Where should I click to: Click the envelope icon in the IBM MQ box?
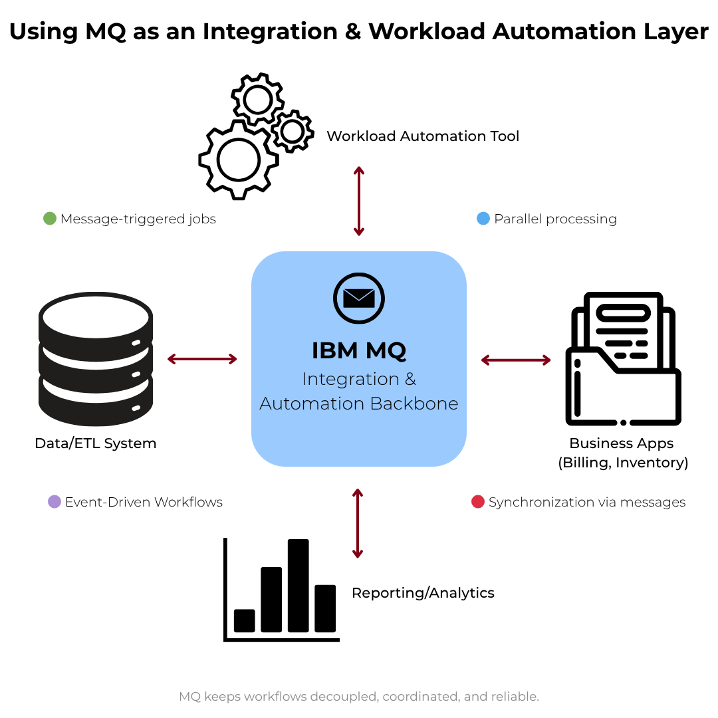[359, 298]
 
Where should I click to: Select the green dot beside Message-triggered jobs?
[50, 219]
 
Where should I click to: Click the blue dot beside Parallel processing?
[484, 219]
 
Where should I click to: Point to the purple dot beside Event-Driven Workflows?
[55, 502]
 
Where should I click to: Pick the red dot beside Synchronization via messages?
[478, 502]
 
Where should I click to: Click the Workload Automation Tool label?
[423, 136]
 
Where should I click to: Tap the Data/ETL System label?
[96, 443]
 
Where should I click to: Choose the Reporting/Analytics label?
[423, 593]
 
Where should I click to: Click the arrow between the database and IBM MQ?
[202, 359]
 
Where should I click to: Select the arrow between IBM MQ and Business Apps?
[516, 360]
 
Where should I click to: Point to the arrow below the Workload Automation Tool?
[359, 201]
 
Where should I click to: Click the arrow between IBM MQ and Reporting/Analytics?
[358, 523]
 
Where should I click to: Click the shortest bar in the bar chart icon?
[244, 620]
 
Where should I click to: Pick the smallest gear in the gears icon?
[292, 132]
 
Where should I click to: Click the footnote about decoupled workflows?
[359, 697]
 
